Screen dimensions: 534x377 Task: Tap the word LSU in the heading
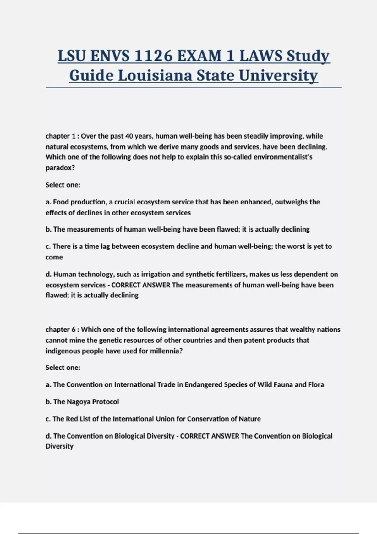pos(72,56)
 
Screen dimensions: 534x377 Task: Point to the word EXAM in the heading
pos(199,56)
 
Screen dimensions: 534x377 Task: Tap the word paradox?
pos(60,168)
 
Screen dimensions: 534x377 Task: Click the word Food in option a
pos(60,202)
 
